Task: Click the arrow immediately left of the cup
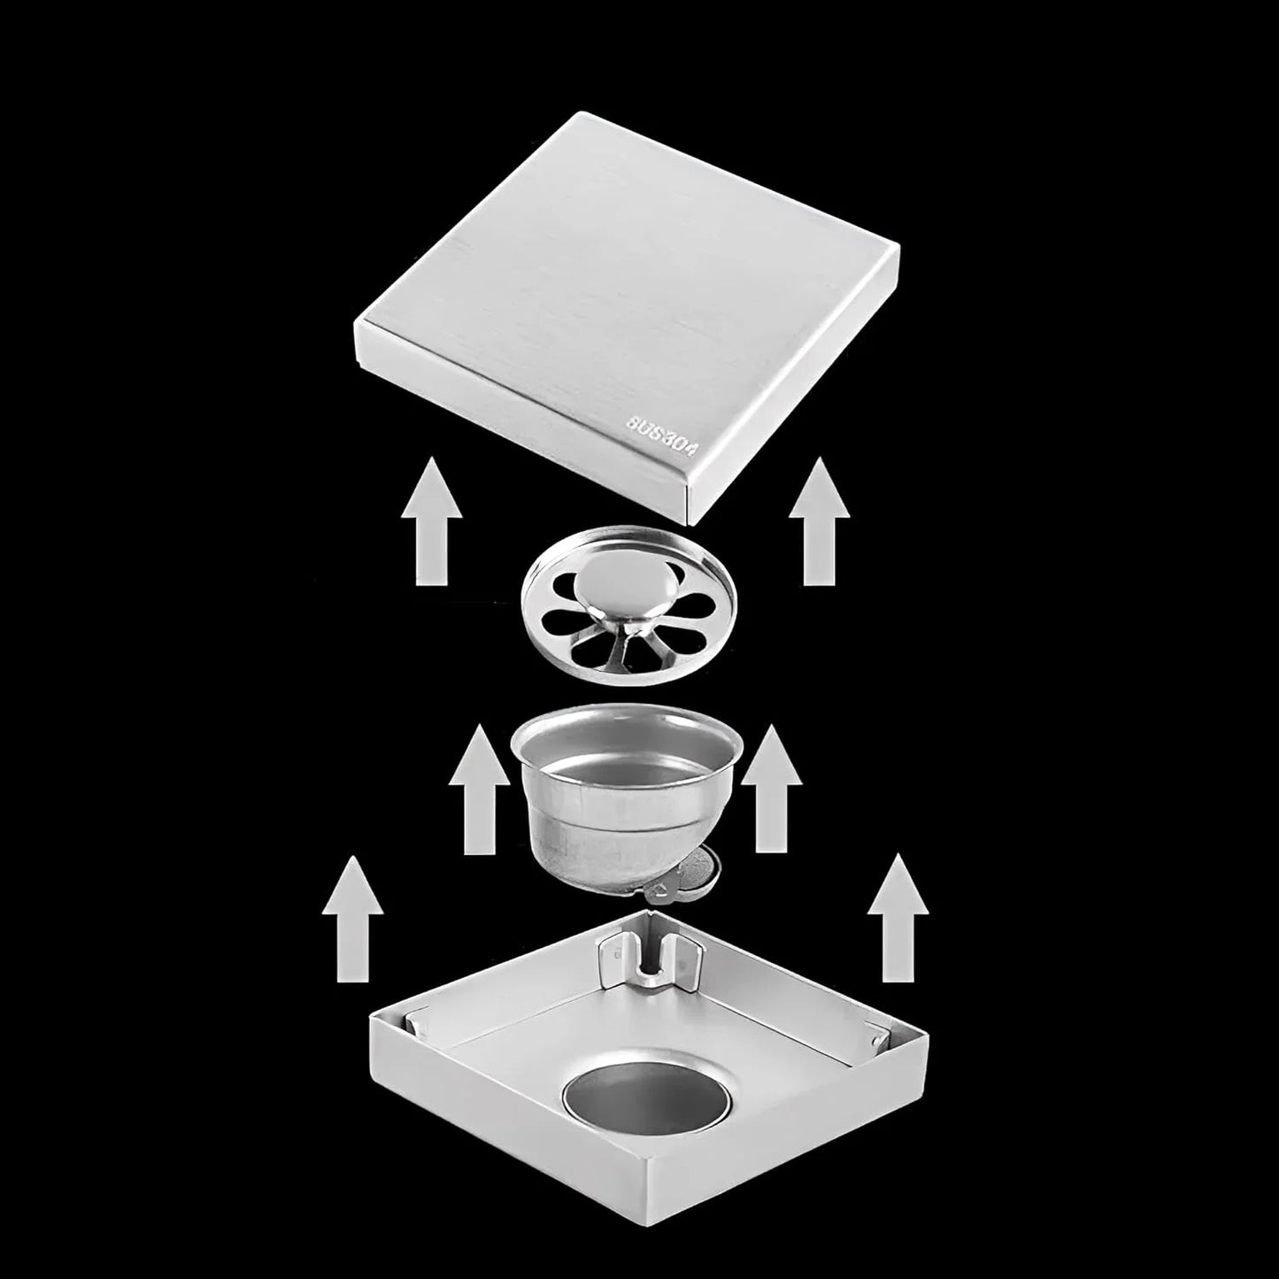click(479, 790)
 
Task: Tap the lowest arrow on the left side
click(353, 921)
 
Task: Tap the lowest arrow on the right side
click(898, 921)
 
